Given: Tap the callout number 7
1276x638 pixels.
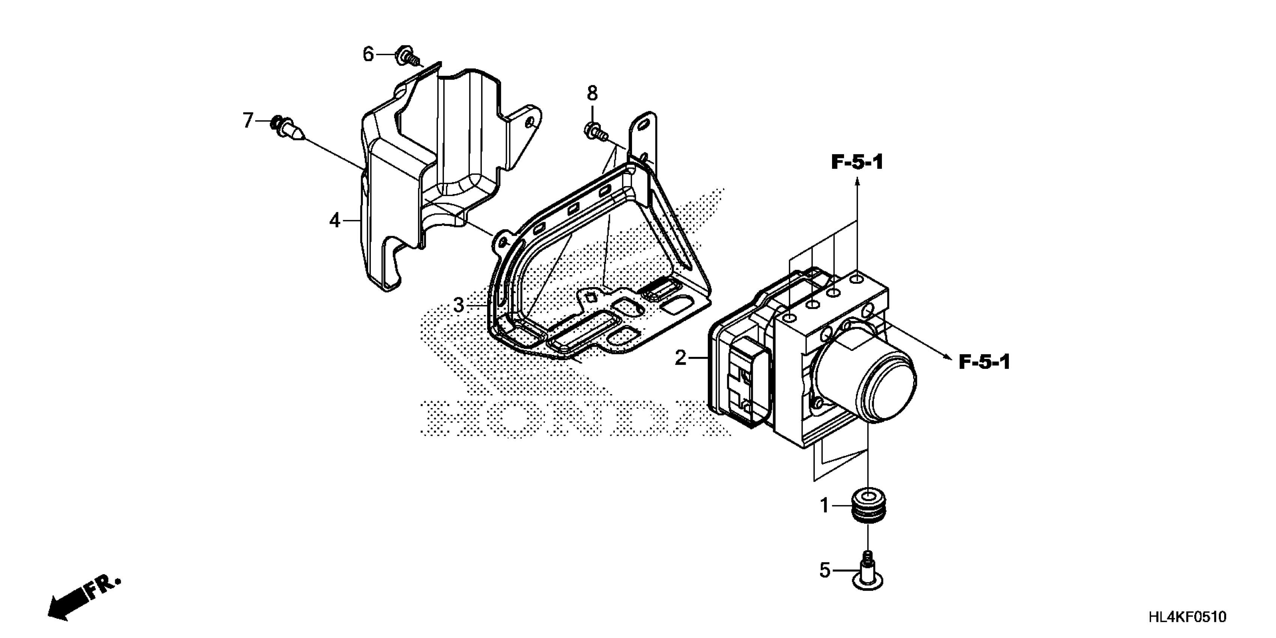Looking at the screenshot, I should tap(248, 120).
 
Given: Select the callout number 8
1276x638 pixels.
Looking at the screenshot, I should tap(593, 93).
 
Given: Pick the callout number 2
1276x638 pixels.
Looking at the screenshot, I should tap(681, 358).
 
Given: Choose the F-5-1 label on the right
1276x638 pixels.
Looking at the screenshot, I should tap(984, 363).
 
